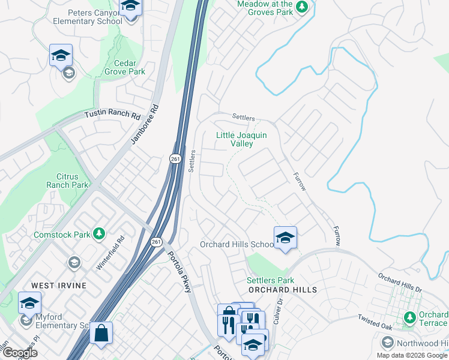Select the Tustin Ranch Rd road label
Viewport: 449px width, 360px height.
click(x=112, y=114)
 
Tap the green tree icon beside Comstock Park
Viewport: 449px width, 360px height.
click(x=99, y=234)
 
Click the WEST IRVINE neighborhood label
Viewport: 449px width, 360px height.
click(x=59, y=285)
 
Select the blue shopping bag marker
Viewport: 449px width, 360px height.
click(x=101, y=333)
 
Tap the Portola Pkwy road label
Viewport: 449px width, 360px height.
click(x=178, y=270)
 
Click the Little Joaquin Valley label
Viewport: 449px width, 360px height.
click(x=241, y=139)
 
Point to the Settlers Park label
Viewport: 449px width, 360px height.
click(x=270, y=280)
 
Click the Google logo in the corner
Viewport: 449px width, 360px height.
click(x=20, y=353)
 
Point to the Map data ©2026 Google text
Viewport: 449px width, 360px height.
click(x=412, y=355)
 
